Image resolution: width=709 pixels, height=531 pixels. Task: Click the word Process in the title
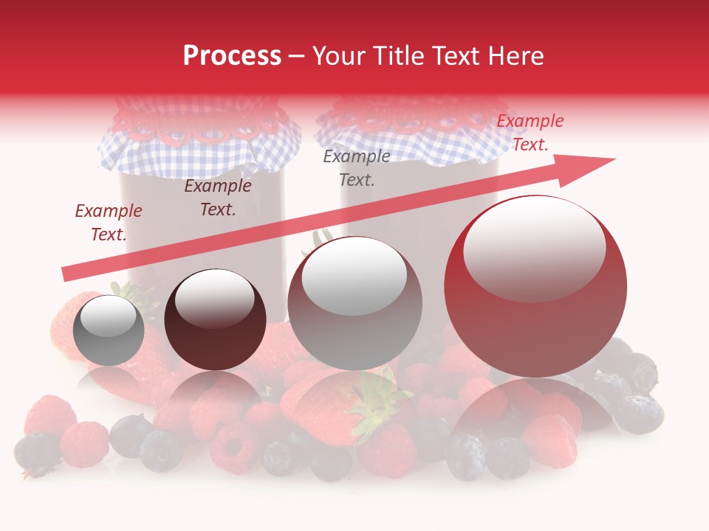[232, 56]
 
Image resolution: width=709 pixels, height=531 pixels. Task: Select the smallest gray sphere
[109, 331]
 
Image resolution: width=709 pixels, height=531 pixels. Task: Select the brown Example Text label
[217, 198]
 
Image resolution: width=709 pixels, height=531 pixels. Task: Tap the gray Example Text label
[357, 168]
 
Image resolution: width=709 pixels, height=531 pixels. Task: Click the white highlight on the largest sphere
[534, 247]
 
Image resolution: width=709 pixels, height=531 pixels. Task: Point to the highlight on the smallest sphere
[108, 316]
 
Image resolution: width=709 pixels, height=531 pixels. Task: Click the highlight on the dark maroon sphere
[214, 296]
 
